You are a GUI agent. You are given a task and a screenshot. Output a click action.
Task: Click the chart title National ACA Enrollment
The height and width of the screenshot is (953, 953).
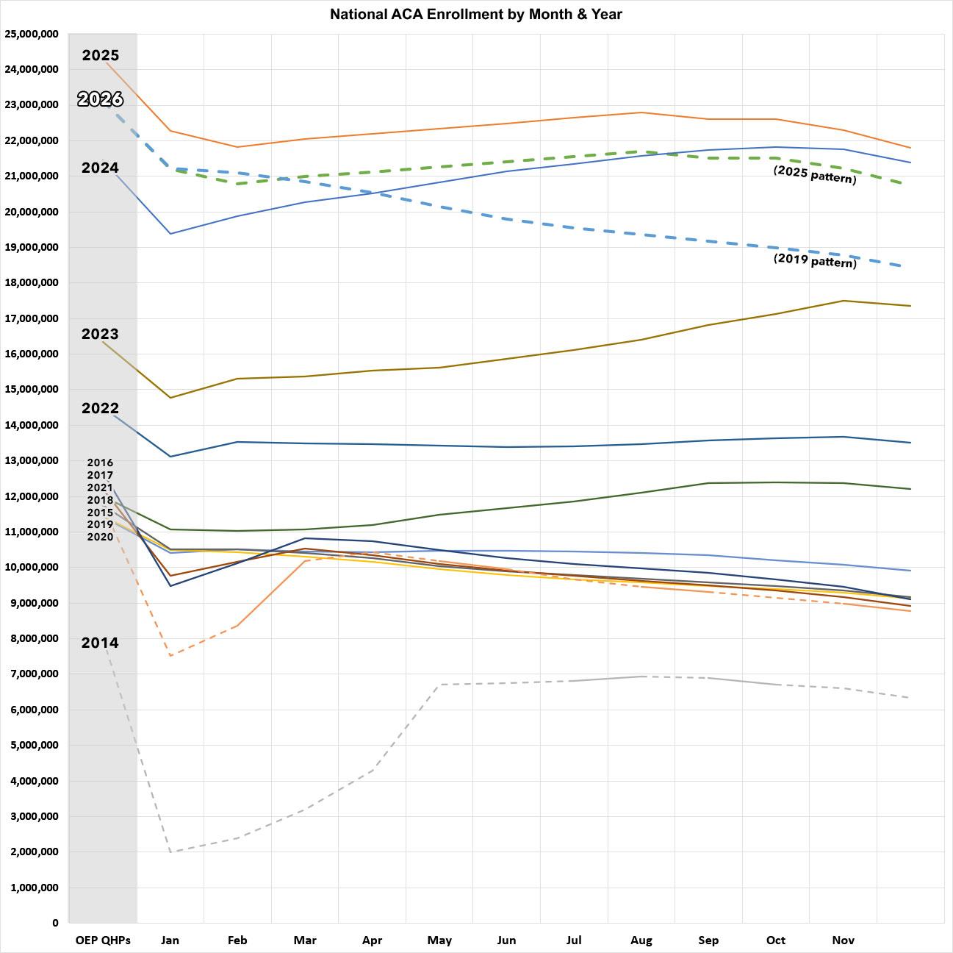(475, 14)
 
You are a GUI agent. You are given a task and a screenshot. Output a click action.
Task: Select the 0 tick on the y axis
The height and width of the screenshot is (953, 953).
(55, 923)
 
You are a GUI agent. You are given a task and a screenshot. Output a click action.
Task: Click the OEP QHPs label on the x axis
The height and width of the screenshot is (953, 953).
(103, 940)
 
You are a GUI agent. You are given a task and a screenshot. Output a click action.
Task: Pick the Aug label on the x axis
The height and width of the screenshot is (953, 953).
(641, 940)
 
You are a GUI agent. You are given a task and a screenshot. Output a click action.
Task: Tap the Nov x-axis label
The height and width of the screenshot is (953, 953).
(844, 940)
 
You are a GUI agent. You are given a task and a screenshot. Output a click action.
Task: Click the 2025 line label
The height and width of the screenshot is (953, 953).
(101, 55)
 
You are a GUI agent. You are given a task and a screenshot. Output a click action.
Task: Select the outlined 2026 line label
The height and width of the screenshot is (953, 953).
(100, 99)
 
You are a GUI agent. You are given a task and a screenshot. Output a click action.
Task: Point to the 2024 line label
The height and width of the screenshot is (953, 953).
(100, 168)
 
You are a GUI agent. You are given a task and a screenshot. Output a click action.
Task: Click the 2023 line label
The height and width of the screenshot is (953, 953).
(100, 334)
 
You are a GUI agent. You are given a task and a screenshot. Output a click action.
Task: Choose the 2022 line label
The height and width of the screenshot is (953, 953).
(100, 408)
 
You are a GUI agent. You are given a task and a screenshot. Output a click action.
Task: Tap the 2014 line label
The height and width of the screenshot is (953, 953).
(100, 643)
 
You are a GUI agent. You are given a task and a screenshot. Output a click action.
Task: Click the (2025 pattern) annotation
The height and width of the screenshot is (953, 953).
(815, 174)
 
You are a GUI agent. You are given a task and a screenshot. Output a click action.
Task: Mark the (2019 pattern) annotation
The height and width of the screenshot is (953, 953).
(815, 260)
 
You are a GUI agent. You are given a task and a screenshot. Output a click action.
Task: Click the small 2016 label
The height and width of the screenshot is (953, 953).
(100, 463)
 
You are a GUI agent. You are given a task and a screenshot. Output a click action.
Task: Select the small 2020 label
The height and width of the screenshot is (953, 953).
(100, 537)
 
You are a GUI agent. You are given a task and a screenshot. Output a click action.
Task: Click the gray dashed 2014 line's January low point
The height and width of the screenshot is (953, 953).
(170, 852)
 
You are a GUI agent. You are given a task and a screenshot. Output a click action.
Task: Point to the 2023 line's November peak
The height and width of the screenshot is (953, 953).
(844, 301)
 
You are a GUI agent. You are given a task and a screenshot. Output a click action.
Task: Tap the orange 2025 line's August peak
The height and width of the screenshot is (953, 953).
(641, 113)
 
